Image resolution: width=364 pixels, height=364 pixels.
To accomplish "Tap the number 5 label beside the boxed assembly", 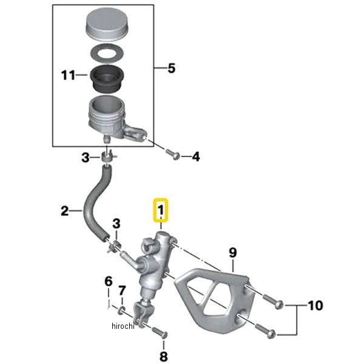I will [170, 69].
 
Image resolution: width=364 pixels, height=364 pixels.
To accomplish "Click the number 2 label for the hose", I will [65, 211].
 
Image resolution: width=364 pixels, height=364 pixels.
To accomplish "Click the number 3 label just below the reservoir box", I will [86, 158].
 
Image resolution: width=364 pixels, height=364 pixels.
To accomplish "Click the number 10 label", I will [316, 305].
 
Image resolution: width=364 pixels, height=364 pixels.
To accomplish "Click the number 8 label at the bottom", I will [163, 356].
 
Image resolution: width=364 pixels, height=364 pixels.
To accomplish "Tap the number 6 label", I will [108, 281].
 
